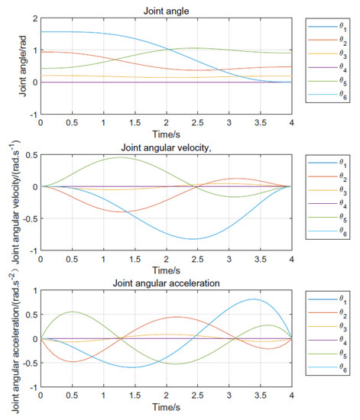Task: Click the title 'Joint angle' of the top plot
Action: click(166, 9)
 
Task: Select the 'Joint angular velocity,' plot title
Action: click(166, 147)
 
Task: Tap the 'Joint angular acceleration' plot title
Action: click(166, 286)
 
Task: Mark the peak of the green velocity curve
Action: click(119, 158)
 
